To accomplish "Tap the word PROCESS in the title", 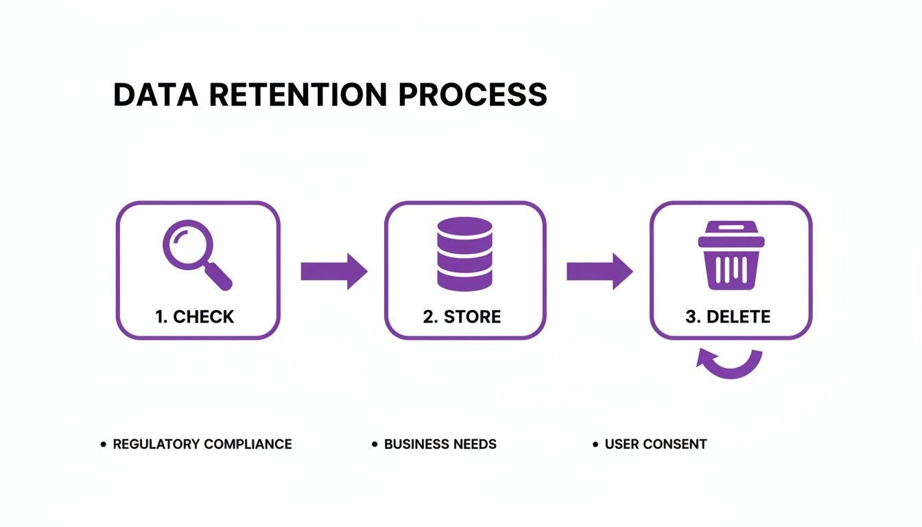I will pos(473,95).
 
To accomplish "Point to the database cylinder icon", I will pos(464,254).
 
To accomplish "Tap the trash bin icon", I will pos(731,255).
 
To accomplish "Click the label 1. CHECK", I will pos(195,316).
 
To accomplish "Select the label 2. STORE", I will pos(462,316).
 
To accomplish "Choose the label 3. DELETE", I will pos(727,316).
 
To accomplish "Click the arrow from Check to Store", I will pos(333,271).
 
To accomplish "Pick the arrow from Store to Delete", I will pos(599,271).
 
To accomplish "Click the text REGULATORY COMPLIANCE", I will pos(202,444).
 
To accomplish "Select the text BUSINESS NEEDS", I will pos(440,444).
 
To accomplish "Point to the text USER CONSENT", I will pos(655,444).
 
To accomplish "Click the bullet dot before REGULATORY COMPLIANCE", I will pos(104,445).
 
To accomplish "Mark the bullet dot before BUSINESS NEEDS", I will pos(375,445).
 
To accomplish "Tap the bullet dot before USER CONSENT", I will pos(595,445).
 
